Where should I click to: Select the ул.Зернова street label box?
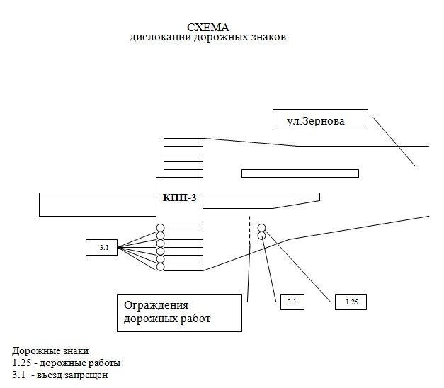(321, 120)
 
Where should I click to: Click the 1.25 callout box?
(351, 302)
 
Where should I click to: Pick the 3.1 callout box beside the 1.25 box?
(291, 302)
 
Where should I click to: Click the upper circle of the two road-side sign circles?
(261, 227)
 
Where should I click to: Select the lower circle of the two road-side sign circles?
(262, 235)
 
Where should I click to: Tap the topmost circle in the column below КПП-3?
(161, 228)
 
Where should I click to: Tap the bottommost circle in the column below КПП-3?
(161, 267)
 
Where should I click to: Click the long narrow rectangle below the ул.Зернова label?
(300, 173)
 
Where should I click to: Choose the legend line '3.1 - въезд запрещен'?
(59, 375)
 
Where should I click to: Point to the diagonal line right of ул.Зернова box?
(394, 139)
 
